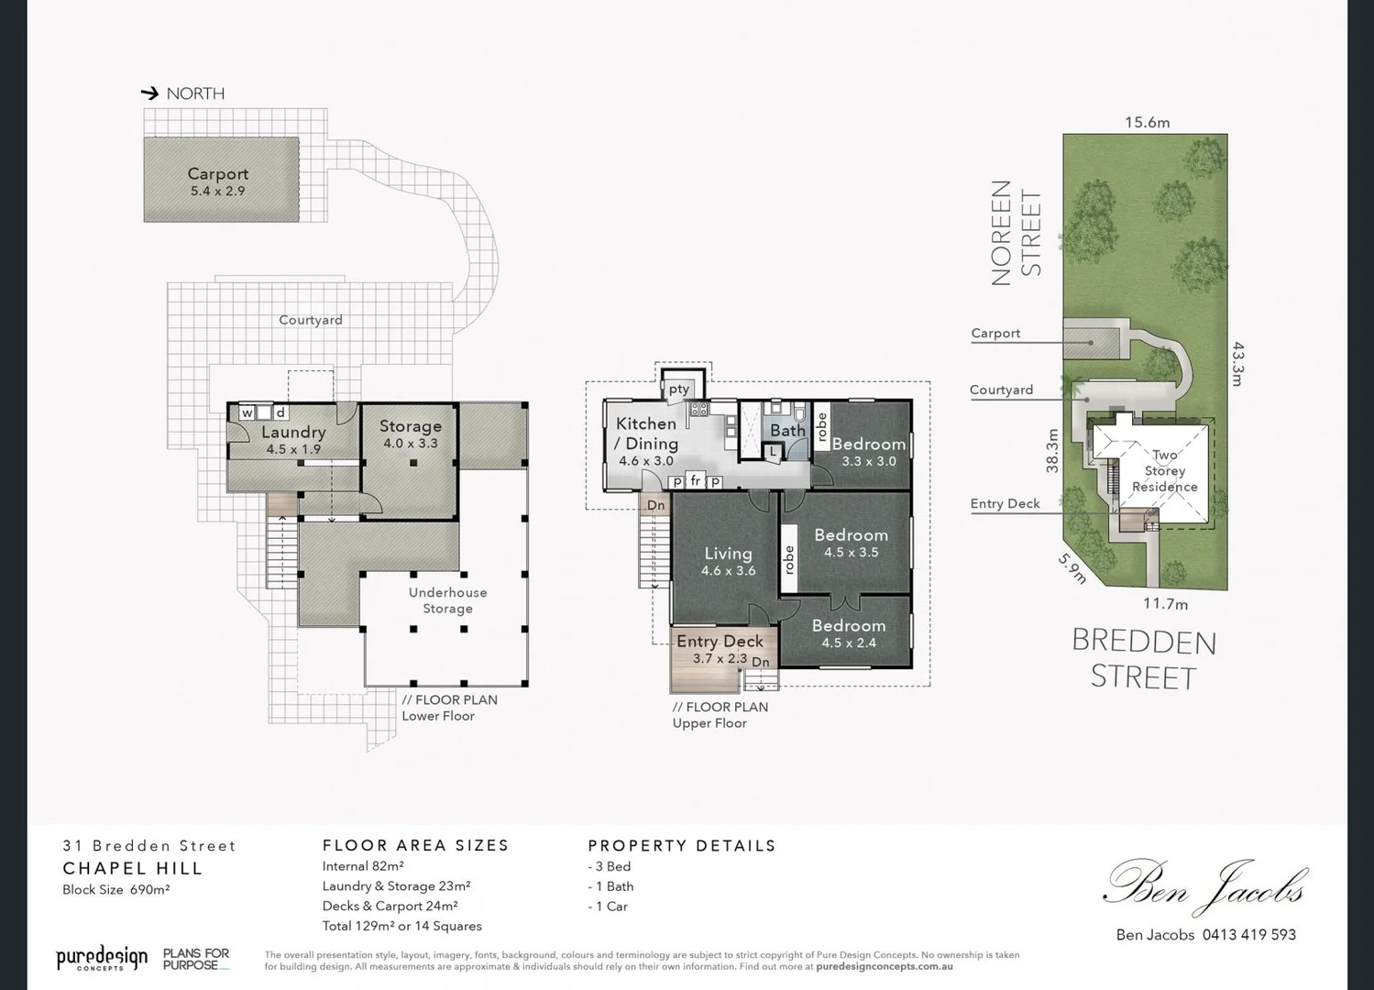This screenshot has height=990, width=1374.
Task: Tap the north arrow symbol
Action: click(149, 93)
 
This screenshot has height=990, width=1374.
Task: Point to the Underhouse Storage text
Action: click(447, 600)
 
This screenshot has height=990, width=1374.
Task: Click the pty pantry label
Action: click(678, 390)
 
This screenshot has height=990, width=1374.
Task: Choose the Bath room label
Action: click(787, 430)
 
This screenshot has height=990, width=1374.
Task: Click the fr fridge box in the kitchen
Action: click(696, 481)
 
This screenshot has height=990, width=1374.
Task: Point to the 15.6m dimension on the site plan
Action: click(1147, 122)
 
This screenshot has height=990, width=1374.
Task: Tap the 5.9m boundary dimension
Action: click(1073, 568)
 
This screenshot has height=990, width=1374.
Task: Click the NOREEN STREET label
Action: click(1016, 233)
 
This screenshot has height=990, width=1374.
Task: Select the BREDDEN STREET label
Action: click(1144, 659)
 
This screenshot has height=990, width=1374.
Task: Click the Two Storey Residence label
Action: click(1164, 470)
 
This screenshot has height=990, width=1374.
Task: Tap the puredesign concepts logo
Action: click(102, 959)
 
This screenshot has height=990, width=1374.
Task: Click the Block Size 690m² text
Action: click(115, 889)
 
